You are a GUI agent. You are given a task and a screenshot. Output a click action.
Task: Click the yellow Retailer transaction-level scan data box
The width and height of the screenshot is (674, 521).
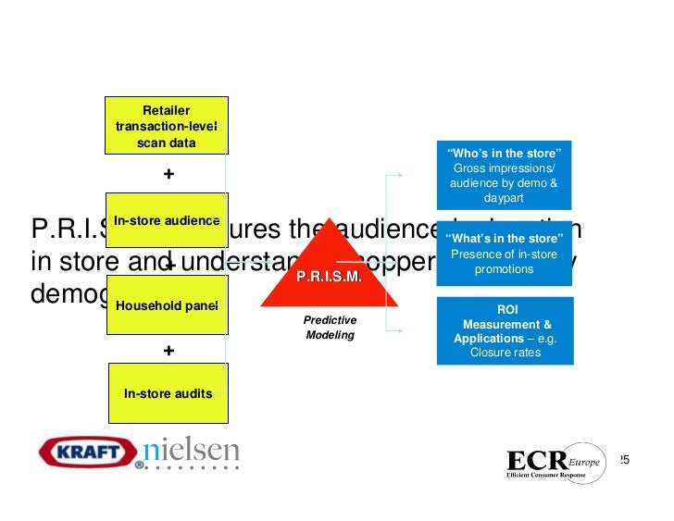click(x=167, y=125)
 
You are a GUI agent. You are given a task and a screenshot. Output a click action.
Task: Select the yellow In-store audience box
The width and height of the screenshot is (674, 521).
click(x=167, y=220)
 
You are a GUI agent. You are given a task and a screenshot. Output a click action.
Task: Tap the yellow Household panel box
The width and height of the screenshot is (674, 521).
click(x=167, y=304)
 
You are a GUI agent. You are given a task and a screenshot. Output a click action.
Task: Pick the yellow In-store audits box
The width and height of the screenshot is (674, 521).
click(x=168, y=393)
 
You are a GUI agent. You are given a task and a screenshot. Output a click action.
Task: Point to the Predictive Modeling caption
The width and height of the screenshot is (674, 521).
click(x=331, y=328)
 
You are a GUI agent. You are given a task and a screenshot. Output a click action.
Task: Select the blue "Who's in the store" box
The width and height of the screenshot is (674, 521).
click(x=504, y=174)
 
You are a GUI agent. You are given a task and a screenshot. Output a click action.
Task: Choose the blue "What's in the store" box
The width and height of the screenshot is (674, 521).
click(x=504, y=254)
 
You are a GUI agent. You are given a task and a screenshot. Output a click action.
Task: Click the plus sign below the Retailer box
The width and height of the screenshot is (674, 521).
click(x=168, y=174)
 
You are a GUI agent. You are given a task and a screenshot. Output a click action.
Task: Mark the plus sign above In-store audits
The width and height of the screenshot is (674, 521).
click(x=168, y=351)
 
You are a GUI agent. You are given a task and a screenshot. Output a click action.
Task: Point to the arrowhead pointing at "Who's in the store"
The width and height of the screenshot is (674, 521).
click(x=400, y=173)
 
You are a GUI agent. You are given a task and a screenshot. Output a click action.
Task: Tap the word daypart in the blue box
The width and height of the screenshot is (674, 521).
click(x=504, y=199)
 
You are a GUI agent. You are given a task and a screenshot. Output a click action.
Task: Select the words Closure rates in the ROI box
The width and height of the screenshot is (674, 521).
click(x=505, y=353)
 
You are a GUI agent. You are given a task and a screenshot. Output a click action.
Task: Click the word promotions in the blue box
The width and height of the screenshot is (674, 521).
click(x=504, y=269)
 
